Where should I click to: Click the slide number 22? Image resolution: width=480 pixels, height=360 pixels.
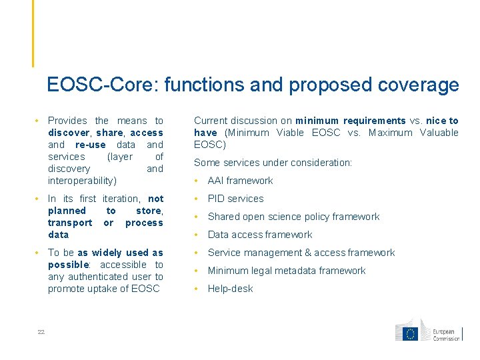click(x=41, y=333)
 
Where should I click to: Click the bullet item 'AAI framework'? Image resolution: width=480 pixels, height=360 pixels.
click(x=240, y=181)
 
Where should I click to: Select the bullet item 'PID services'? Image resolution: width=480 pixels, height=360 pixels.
click(x=235, y=199)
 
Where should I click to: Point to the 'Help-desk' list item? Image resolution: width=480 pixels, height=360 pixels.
click(x=230, y=289)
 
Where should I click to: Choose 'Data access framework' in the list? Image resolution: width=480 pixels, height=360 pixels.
click(x=259, y=235)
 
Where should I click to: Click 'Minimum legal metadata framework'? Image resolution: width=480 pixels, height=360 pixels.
click(x=286, y=271)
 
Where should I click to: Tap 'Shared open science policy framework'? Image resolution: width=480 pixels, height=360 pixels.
click(x=293, y=217)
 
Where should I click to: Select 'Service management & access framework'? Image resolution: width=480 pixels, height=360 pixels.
click(x=301, y=253)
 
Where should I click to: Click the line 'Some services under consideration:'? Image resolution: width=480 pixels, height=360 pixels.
click(x=273, y=163)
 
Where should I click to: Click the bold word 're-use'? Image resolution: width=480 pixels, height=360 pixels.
click(x=90, y=145)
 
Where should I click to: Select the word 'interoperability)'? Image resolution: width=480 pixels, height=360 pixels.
click(x=82, y=181)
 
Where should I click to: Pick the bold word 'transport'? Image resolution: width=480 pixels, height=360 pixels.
click(x=70, y=223)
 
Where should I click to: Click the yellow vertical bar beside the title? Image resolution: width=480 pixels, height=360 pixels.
click(x=33, y=33)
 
